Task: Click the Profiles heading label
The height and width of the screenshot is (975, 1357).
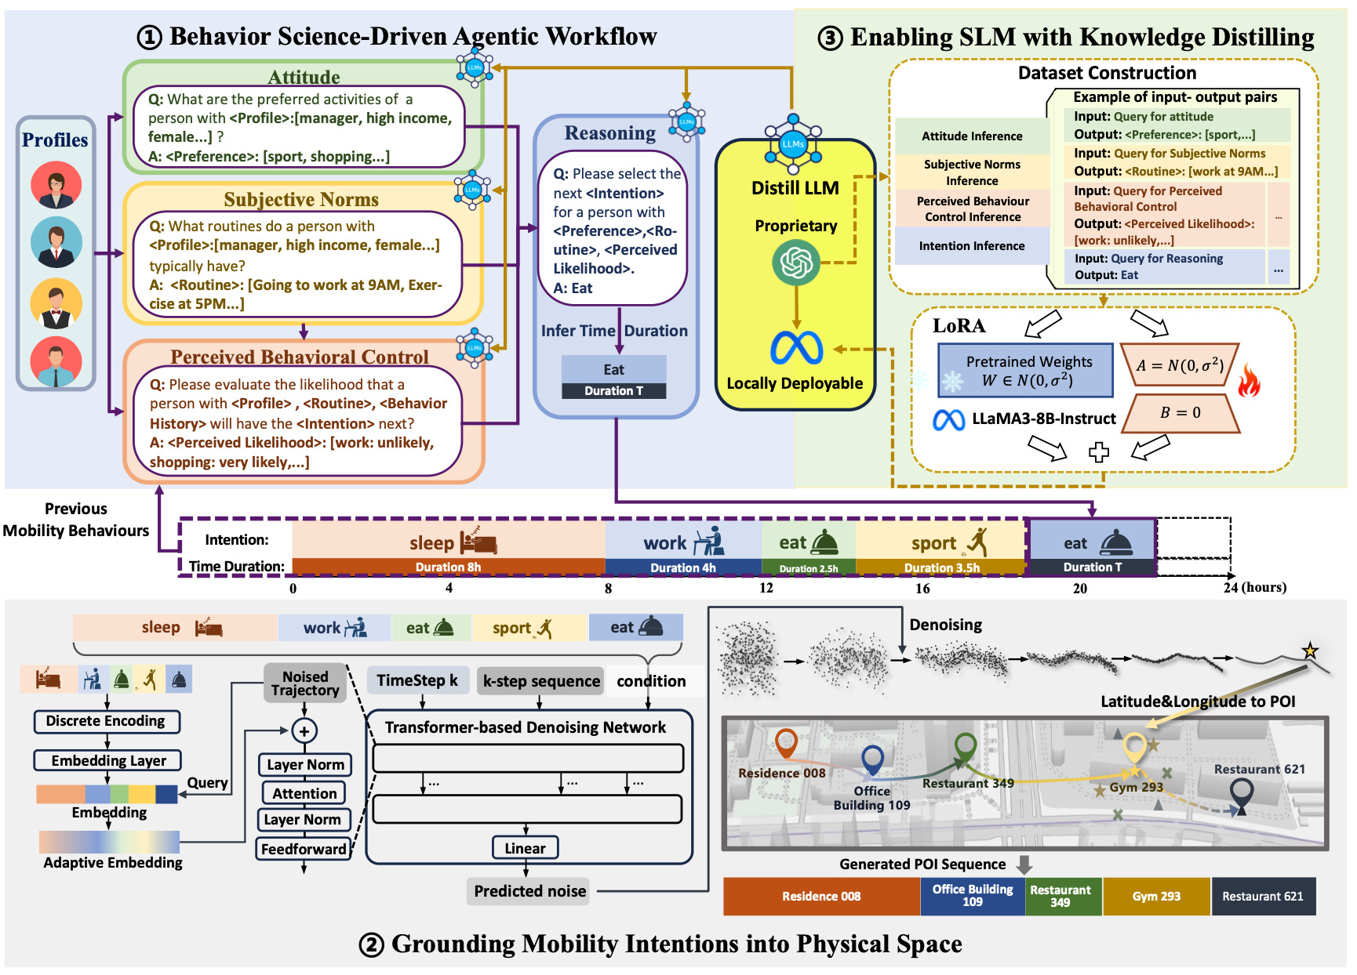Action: (x=55, y=140)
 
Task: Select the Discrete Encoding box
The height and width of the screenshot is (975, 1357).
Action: (x=107, y=721)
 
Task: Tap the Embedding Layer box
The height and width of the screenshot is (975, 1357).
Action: (x=107, y=760)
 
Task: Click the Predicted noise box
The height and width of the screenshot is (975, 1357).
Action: (x=529, y=891)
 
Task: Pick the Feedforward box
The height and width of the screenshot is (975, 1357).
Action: (x=304, y=849)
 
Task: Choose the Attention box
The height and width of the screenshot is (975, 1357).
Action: (x=304, y=793)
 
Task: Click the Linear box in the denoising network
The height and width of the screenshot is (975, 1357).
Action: (x=525, y=848)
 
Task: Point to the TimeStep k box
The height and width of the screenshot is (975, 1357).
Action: (x=417, y=680)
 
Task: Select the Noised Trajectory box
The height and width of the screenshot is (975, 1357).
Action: (x=305, y=683)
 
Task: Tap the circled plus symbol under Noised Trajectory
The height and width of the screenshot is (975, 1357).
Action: (x=304, y=731)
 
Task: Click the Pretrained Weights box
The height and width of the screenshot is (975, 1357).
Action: (x=1026, y=371)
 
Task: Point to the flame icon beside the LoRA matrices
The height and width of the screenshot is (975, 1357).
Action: (x=1250, y=382)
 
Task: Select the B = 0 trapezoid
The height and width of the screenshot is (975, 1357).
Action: (x=1181, y=413)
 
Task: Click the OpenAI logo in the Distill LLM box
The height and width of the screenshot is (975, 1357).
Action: (x=795, y=263)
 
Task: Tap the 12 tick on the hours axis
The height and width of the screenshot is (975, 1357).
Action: (x=766, y=588)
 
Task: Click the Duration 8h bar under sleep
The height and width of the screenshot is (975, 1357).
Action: (x=449, y=567)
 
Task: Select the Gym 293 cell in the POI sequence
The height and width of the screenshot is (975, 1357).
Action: (x=1156, y=896)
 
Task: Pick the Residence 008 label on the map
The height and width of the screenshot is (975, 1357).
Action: (x=782, y=773)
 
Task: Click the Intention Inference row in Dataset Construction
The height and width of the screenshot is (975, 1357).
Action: (x=972, y=246)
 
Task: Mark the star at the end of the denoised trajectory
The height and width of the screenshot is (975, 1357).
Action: (x=1310, y=651)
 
